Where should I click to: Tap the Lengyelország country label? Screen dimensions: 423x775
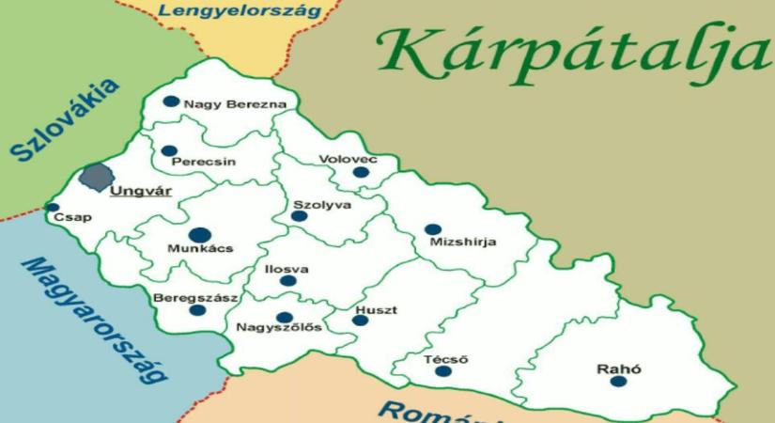click(240, 11)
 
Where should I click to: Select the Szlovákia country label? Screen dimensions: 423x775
click(66, 122)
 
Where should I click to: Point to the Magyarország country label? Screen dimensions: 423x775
click(94, 320)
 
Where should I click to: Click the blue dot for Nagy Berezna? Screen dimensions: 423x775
click(170, 102)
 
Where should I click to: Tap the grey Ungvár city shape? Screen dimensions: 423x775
click(96, 176)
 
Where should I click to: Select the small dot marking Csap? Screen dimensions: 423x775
click(53, 208)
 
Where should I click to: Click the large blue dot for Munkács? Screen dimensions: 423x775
click(198, 235)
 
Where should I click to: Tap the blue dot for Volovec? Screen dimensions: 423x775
click(360, 172)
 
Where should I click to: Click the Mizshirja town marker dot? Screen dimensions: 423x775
click(432, 228)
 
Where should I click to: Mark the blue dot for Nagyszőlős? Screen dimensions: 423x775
click(284, 317)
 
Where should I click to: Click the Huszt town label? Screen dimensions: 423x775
click(376, 309)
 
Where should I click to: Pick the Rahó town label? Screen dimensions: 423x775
click(618, 369)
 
